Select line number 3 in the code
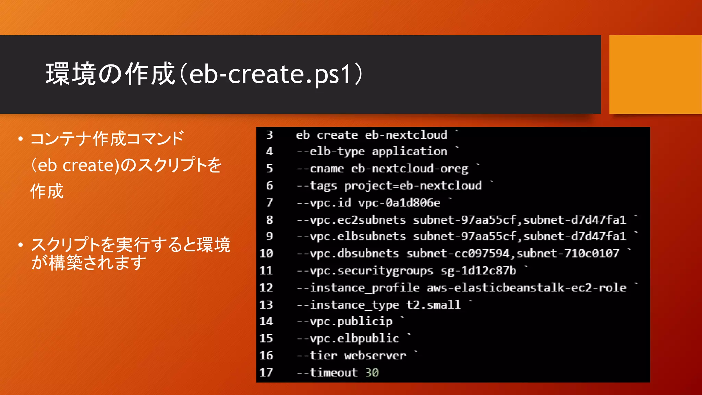[x=269, y=135]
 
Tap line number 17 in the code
[x=266, y=372]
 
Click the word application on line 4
[x=409, y=152]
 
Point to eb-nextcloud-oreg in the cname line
[x=409, y=169]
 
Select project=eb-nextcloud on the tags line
[x=413, y=186]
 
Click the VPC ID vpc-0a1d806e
[x=399, y=203]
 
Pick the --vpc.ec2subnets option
[x=351, y=220]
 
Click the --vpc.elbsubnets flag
[x=351, y=237]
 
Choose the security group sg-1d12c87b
[x=478, y=271]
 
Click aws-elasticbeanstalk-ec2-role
[x=526, y=288]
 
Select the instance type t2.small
[x=433, y=305]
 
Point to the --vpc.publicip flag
[x=344, y=322]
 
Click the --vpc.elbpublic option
[x=348, y=339]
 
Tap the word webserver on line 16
[x=375, y=356]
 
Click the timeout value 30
[x=372, y=373]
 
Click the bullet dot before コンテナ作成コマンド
[x=21, y=139]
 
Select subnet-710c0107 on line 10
[x=568, y=254]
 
